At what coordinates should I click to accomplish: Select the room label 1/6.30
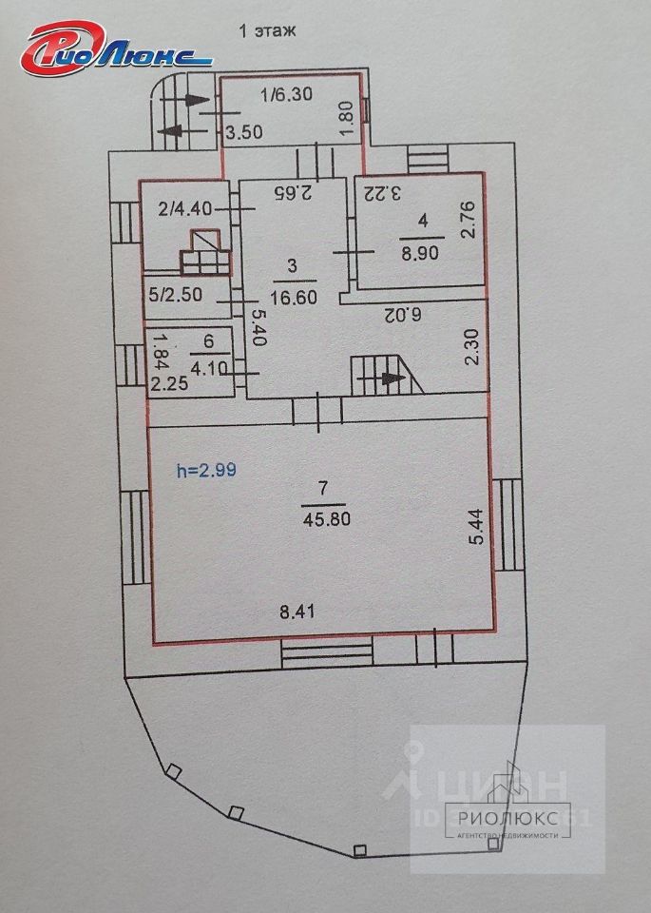pyautogui.click(x=287, y=94)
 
